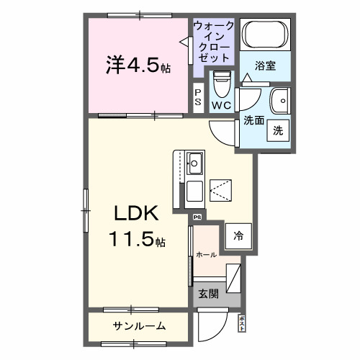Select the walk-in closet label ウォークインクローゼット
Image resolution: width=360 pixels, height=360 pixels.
[x=214, y=41]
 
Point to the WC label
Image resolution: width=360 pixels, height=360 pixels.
[x=221, y=105]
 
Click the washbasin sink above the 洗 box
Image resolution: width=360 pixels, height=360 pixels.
[x=279, y=99]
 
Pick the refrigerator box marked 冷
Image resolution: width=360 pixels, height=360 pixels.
[x=238, y=235]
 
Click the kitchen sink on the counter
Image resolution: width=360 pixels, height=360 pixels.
[x=194, y=161]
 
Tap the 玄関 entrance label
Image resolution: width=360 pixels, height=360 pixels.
[x=209, y=293]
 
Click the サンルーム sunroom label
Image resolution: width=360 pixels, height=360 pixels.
[x=139, y=326]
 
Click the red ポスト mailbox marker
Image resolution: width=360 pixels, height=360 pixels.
[x=242, y=322]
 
